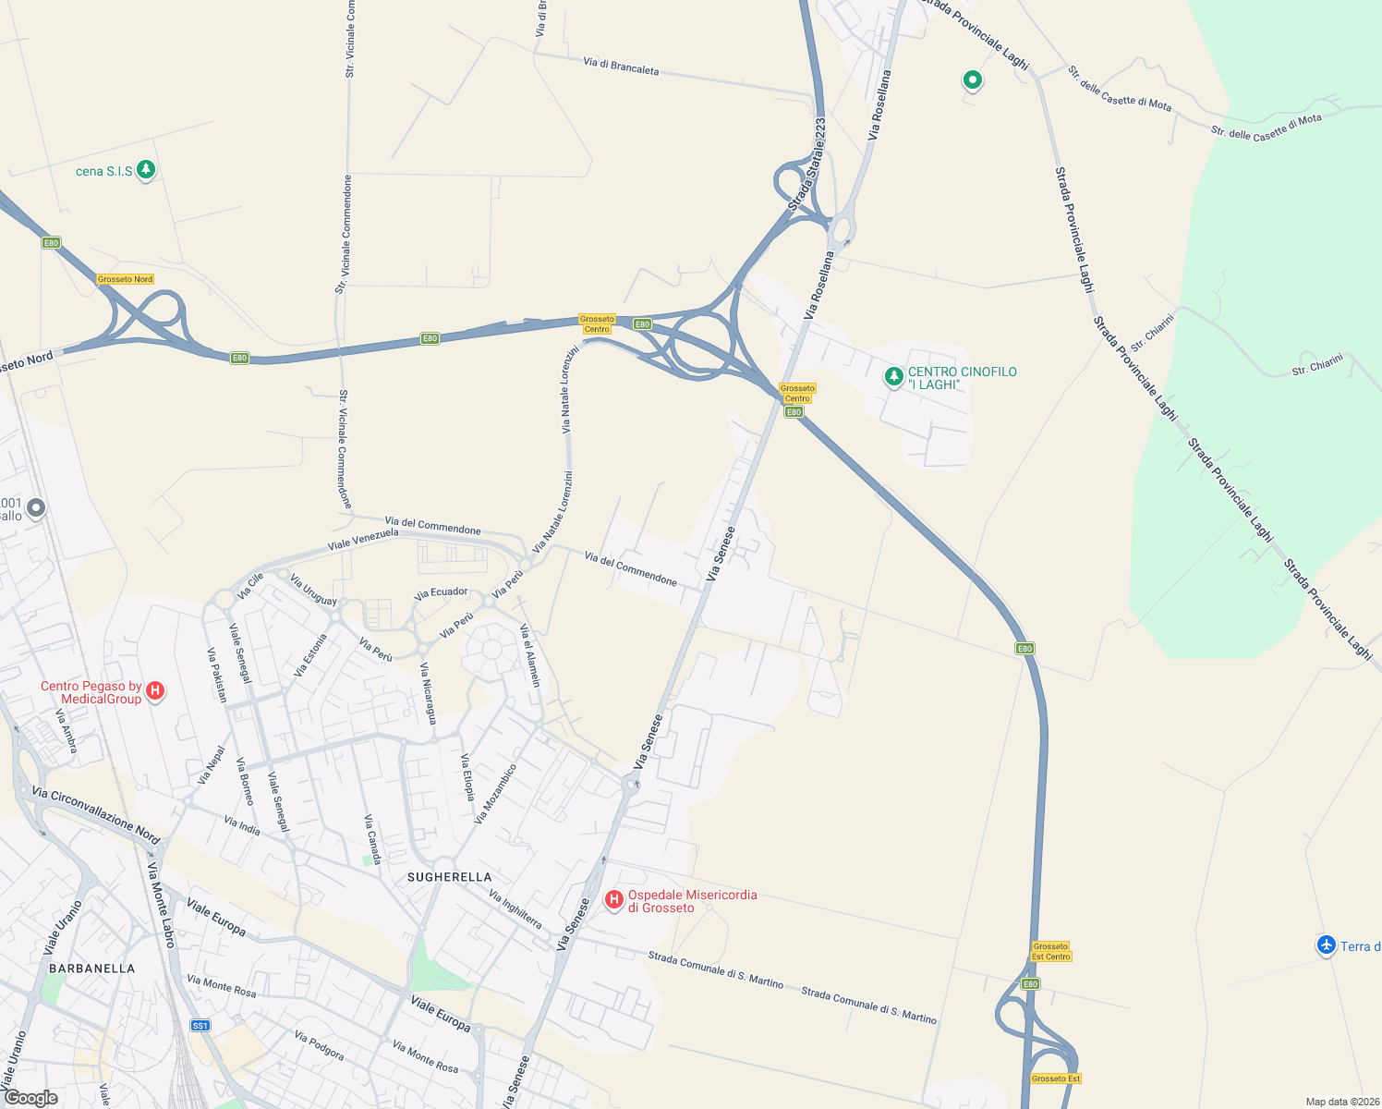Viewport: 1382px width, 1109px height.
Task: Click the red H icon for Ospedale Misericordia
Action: pyautogui.click(x=613, y=899)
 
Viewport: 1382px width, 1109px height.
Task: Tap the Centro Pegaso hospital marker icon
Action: pyautogui.click(x=155, y=690)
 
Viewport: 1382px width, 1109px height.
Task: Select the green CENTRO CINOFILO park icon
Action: pyautogui.click(x=893, y=377)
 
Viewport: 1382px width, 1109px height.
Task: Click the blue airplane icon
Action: pyautogui.click(x=1327, y=944)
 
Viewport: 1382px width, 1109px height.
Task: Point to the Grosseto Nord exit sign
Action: pyautogui.click(x=126, y=279)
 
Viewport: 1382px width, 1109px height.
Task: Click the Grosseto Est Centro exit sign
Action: pyautogui.click(x=1051, y=951)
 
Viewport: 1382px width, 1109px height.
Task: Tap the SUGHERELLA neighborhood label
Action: pyautogui.click(x=450, y=877)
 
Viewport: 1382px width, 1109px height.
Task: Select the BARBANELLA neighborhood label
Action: pyautogui.click(x=92, y=969)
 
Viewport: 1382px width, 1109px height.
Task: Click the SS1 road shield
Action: pyautogui.click(x=200, y=1025)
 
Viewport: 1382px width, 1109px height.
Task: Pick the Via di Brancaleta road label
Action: pyautogui.click(x=621, y=67)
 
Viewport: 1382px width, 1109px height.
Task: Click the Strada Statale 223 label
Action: pyautogui.click(x=807, y=165)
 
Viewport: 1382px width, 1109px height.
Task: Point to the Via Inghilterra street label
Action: pyautogui.click(x=515, y=909)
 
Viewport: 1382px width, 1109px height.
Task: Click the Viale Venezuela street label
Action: pyautogui.click(x=363, y=540)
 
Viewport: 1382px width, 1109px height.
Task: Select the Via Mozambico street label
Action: pyautogui.click(x=495, y=793)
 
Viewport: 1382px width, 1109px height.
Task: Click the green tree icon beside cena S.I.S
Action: pyautogui.click(x=145, y=169)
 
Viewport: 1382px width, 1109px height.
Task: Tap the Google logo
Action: pyautogui.click(x=30, y=1098)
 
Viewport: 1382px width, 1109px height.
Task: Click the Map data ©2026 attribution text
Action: pyautogui.click(x=1340, y=1102)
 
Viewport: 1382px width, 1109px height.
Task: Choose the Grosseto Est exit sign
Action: pyautogui.click(x=1056, y=1079)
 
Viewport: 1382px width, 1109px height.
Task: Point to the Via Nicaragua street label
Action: pyautogui.click(x=428, y=693)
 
